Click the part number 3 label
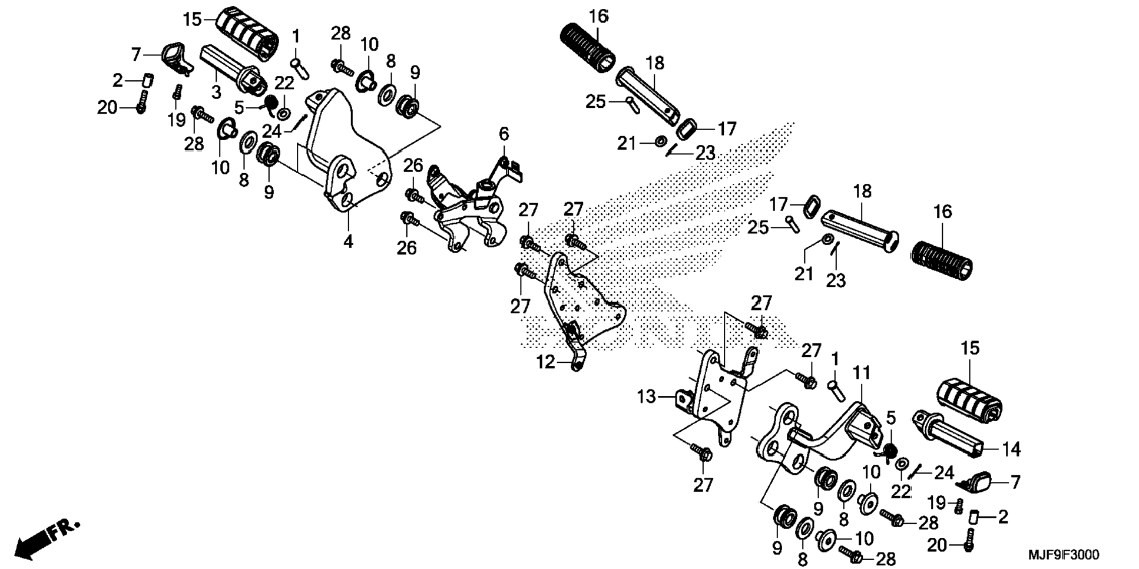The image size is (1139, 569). coord(216,92)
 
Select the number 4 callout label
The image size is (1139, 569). coord(348,241)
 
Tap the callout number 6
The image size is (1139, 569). coord(504,134)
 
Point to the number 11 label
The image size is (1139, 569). coord(861,373)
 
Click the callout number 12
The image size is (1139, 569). coord(545,362)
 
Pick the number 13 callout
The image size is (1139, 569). coord(646,396)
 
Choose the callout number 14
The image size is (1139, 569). coord(1011,449)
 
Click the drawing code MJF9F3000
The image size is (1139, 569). coord(1064,555)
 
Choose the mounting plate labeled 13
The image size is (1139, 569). coord(716,395)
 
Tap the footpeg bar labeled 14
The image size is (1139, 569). coord(948,433)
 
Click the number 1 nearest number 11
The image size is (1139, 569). coord(835,359)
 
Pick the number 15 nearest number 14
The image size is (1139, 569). coord(970,348)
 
